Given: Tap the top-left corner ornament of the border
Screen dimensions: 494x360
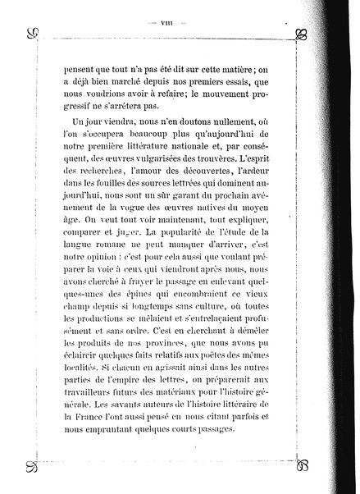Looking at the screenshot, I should click(33, 34).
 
